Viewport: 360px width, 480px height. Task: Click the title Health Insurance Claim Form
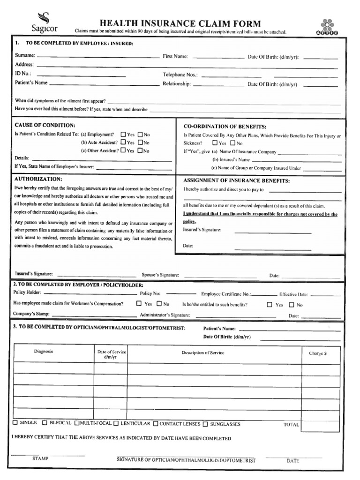coord(180,24)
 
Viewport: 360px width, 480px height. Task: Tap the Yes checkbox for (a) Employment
coord(123,134)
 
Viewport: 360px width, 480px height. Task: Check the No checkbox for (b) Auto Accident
coord(140,142)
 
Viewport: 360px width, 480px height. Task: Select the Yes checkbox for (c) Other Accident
coord(123,150)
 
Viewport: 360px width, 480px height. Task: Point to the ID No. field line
coord(81,75)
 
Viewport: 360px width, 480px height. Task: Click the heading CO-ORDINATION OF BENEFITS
coord(225,127)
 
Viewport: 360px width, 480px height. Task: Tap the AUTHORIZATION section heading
coord(38,179)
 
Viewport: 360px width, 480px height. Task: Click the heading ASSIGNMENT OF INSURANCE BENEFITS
coord(236,180)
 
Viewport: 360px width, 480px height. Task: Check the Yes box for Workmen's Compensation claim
coord(139,304)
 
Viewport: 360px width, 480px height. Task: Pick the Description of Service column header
coord(203,353)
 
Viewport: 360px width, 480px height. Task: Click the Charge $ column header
coord(317,353)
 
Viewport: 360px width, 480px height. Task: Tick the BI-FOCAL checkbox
coord(45,423)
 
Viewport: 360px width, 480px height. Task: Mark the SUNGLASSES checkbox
coord(205,424)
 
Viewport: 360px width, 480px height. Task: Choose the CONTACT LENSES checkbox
coord(155,424)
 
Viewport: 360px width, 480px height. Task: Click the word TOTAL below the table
coord(291,425)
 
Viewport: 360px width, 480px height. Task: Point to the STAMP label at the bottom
coord(40,458)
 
